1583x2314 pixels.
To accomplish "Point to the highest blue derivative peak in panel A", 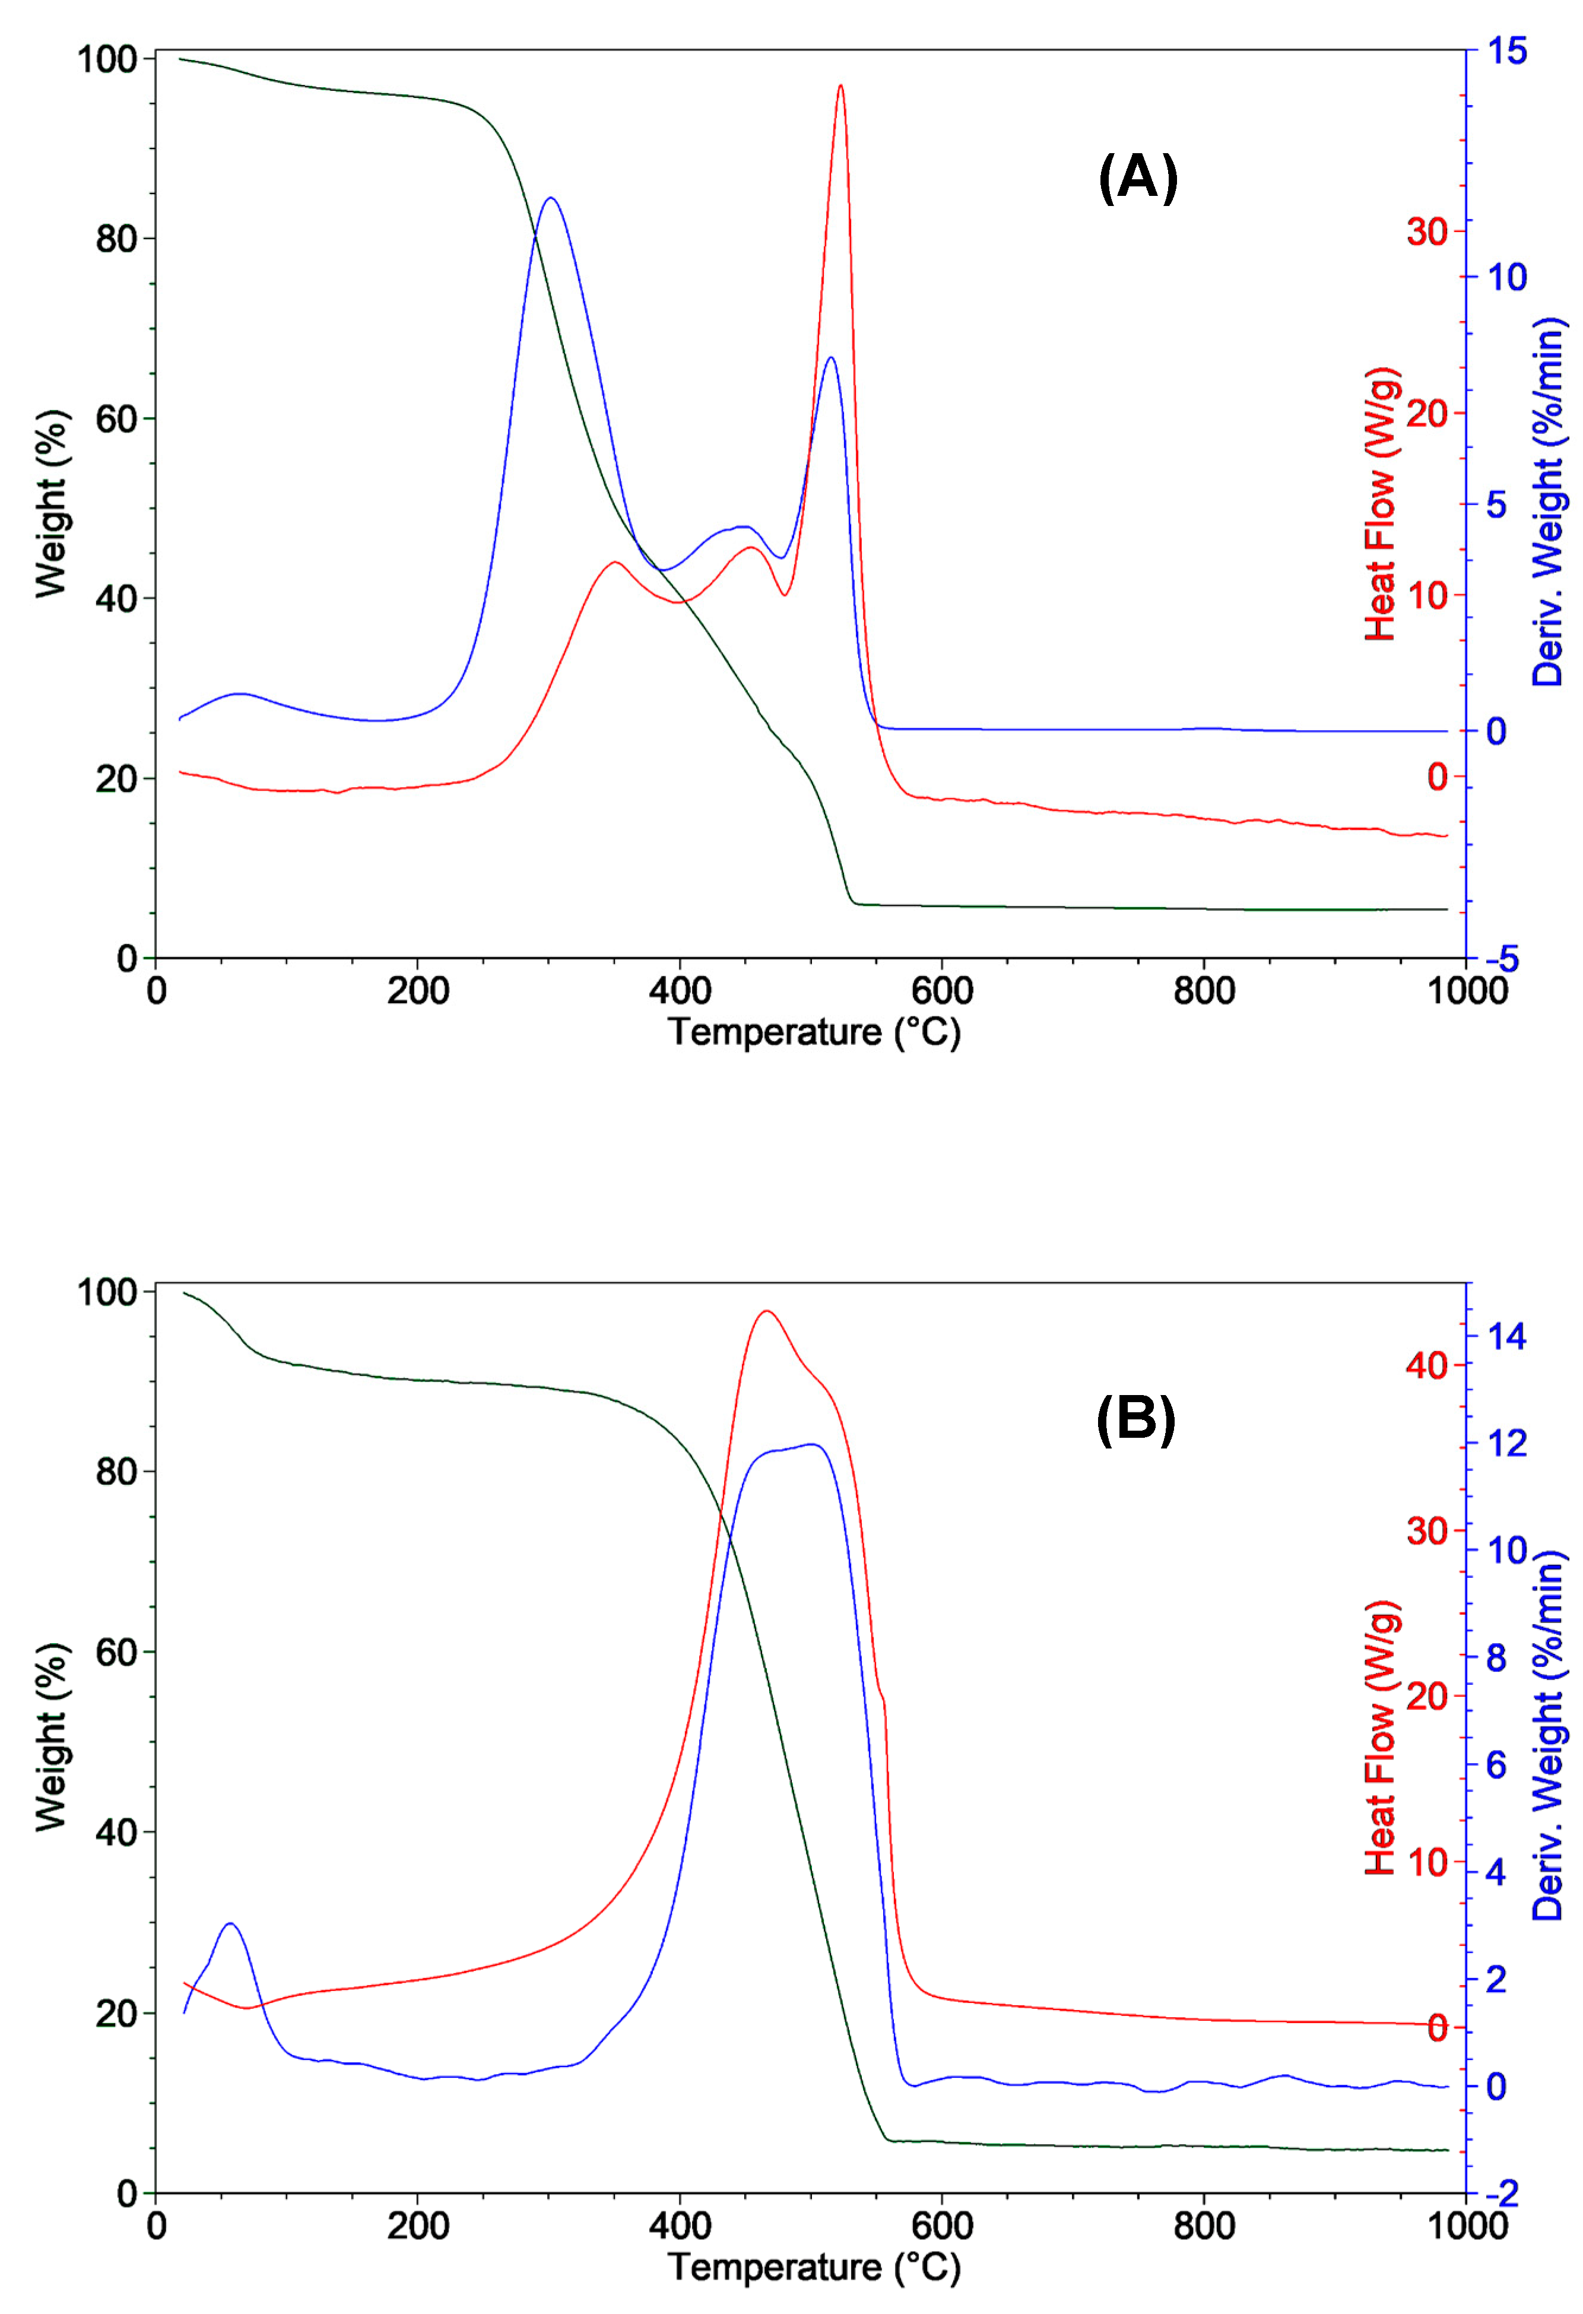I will click(x=551, y=198).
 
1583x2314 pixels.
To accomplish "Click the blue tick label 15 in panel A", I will click(x=1506, y=51).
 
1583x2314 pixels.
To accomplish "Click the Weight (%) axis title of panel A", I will click(x=52, y=504).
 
